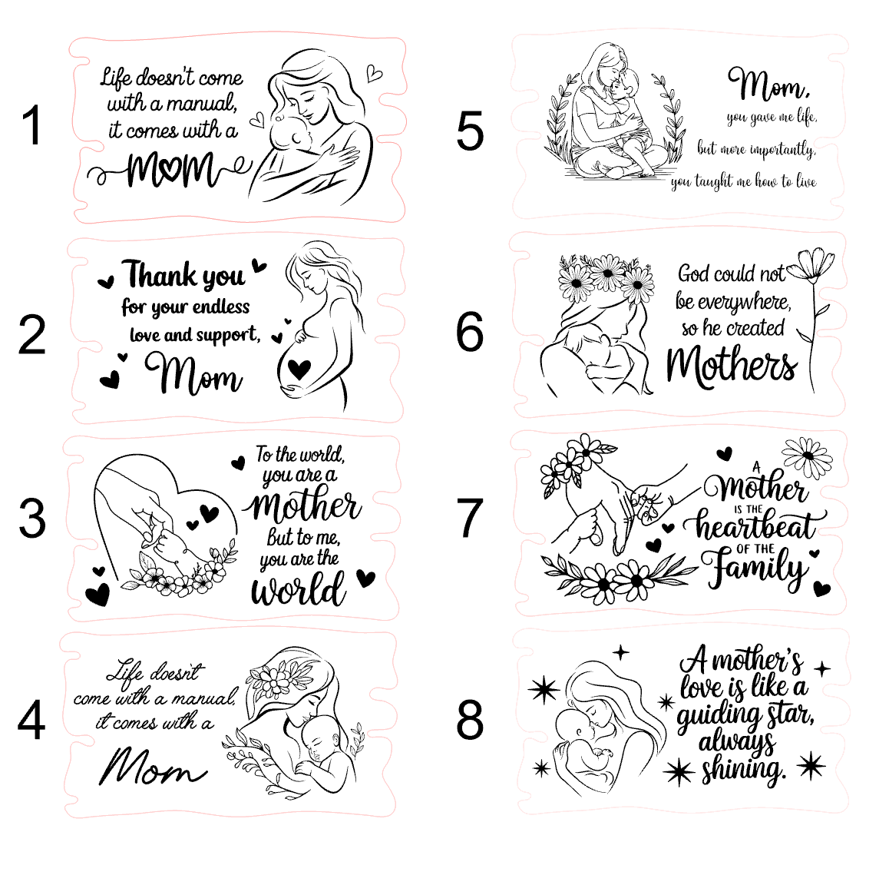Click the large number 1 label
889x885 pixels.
coord(33,124)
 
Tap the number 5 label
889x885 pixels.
coord(470,131)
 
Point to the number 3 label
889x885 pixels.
coord(31,518)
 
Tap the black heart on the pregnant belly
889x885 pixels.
coord(299,369)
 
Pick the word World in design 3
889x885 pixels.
coord(298,589)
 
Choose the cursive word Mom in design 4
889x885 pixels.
coord(152,767)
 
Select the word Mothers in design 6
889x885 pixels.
coord(732,366)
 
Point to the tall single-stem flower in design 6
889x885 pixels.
coord(811,318)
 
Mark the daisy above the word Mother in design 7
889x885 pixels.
coord(808,455)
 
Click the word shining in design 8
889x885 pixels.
coord(743,771)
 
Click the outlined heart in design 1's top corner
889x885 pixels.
coord(374,74)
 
